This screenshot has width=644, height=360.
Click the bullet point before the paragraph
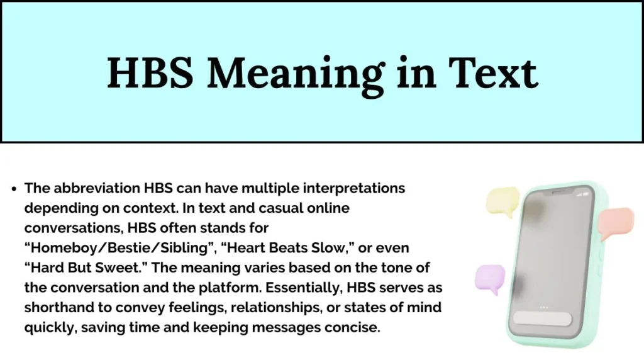click(x=14, y=189)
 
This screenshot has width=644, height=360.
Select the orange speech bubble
click(x=616, y=222)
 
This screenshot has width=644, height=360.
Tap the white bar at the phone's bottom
click(x=543, y=319)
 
